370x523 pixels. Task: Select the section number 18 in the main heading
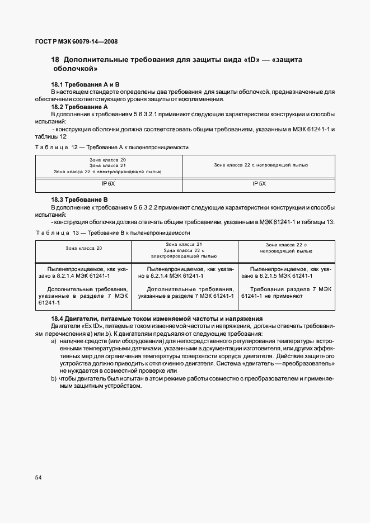click(55, 60)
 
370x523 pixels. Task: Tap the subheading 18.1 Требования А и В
click(82, 84)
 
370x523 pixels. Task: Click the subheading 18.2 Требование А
click(79, 106)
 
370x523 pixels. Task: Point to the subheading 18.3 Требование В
click(79, 199)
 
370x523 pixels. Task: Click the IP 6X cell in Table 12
click(109, 183)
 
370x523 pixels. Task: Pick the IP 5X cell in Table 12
click(259, 183)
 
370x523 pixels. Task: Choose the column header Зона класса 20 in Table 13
click(84, 248)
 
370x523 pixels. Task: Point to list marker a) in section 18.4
click(54, 340)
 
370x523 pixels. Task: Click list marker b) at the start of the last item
click(54, 379)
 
